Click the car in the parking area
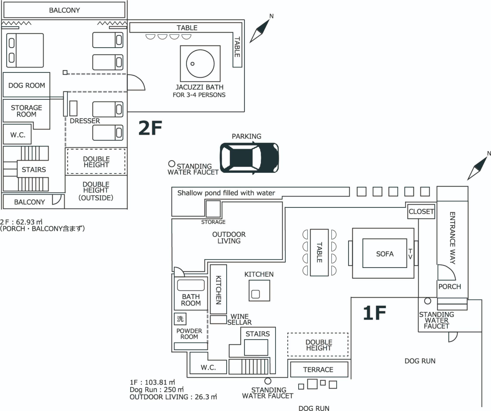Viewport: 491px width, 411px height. (249, 157)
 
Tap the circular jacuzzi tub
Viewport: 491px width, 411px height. (200, 64)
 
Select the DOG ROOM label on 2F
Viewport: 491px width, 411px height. (27, 85)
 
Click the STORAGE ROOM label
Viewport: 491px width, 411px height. (26, 111)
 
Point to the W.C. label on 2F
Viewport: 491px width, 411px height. (18, 135)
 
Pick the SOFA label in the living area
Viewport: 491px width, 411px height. (385, 254)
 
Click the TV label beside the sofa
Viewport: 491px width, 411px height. (410, 254)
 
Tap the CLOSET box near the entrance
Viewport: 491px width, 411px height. (421, 212)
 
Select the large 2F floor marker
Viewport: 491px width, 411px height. (150, 128)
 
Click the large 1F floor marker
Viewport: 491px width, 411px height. (374, 313)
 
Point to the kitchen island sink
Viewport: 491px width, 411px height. (255, 294)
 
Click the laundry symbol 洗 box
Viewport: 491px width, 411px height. (180, 319)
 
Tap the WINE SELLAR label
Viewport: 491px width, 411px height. (239, 319)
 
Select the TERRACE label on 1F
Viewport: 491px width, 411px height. (318, 370)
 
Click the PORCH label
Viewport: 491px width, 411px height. (450, 287)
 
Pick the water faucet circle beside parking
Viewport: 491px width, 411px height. (172, 164)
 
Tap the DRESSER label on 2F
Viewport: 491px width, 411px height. (85, 121)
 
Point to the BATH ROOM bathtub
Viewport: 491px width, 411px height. (191, 285)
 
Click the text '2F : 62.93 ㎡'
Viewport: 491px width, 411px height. (21, 222)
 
